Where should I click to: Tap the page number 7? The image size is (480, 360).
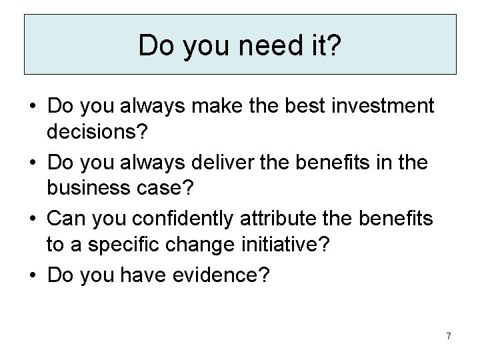pos(448,336)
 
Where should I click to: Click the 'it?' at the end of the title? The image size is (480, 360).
pos(327,45)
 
